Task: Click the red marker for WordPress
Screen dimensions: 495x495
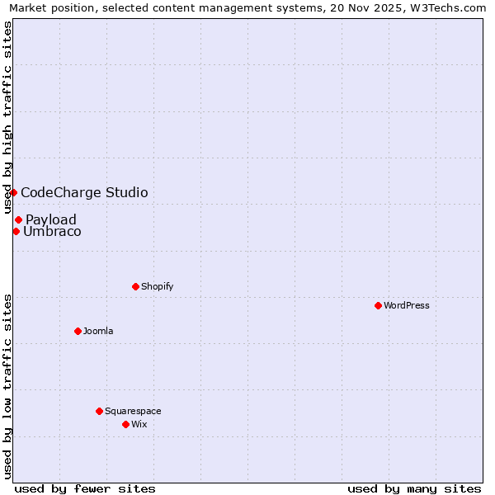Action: tap(378, 305)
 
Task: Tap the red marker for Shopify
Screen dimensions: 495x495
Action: tap(135, 286)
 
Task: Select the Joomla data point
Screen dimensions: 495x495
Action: tap(78, 331)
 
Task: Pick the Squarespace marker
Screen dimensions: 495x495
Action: tap(99, 411)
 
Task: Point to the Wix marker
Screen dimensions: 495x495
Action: tap(125, 424)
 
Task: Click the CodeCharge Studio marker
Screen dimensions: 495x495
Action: tap(13, 192)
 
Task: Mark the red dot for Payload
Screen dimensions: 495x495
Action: tap(18, 219)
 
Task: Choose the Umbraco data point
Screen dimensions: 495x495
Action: tap(16, 231)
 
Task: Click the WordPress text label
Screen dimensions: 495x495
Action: tap(407, 305)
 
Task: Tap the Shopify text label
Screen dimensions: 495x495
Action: tap(157, 286)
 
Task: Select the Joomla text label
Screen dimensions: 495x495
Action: tap(98, 331)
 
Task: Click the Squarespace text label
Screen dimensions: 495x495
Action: tap(133, 411)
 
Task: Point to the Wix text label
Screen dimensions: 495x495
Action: tap(139, 424)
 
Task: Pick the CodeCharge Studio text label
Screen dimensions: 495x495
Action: tap(84, 193)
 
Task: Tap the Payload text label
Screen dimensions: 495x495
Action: tap(51, 219)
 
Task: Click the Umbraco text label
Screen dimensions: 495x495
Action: tap(52, 232)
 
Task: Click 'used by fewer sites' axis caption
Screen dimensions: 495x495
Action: tap(85, 488)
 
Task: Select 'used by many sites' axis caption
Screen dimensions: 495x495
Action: tap(414, 488)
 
